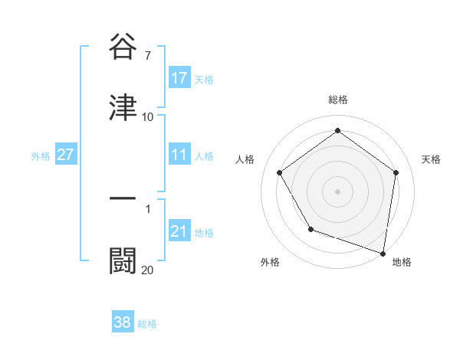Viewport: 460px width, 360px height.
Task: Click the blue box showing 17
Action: point(179,78)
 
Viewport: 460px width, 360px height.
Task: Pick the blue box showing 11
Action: point(179,155)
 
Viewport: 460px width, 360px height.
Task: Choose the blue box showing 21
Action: point(179,232)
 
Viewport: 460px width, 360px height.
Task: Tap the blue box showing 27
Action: point(65,155)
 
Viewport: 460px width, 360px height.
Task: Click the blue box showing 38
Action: point(122,323)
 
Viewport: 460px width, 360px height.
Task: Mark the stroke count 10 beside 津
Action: point(148,117)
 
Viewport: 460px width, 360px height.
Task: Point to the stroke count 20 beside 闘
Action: point(148,270)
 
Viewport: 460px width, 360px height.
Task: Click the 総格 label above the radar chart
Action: point(338,100)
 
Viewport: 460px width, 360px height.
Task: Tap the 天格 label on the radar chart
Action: point(432,159)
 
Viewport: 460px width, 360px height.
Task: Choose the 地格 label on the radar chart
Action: point(402,263)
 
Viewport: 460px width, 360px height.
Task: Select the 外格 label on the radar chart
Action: point(270,263)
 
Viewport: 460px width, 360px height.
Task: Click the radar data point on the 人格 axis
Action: point(280,173)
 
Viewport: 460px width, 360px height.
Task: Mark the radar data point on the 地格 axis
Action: point(383,252)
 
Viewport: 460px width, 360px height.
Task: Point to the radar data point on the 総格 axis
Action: point(338,131)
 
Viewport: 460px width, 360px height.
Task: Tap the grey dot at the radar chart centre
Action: point(338,191)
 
